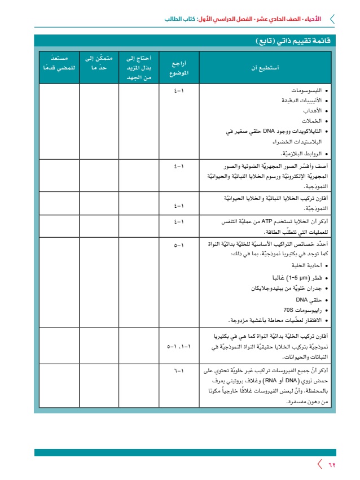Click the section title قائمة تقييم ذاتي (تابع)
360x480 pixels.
[291, 41]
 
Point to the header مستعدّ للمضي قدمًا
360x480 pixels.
[59, 63]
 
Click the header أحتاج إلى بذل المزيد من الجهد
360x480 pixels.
[138, 68]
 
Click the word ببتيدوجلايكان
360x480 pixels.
[269, 289]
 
